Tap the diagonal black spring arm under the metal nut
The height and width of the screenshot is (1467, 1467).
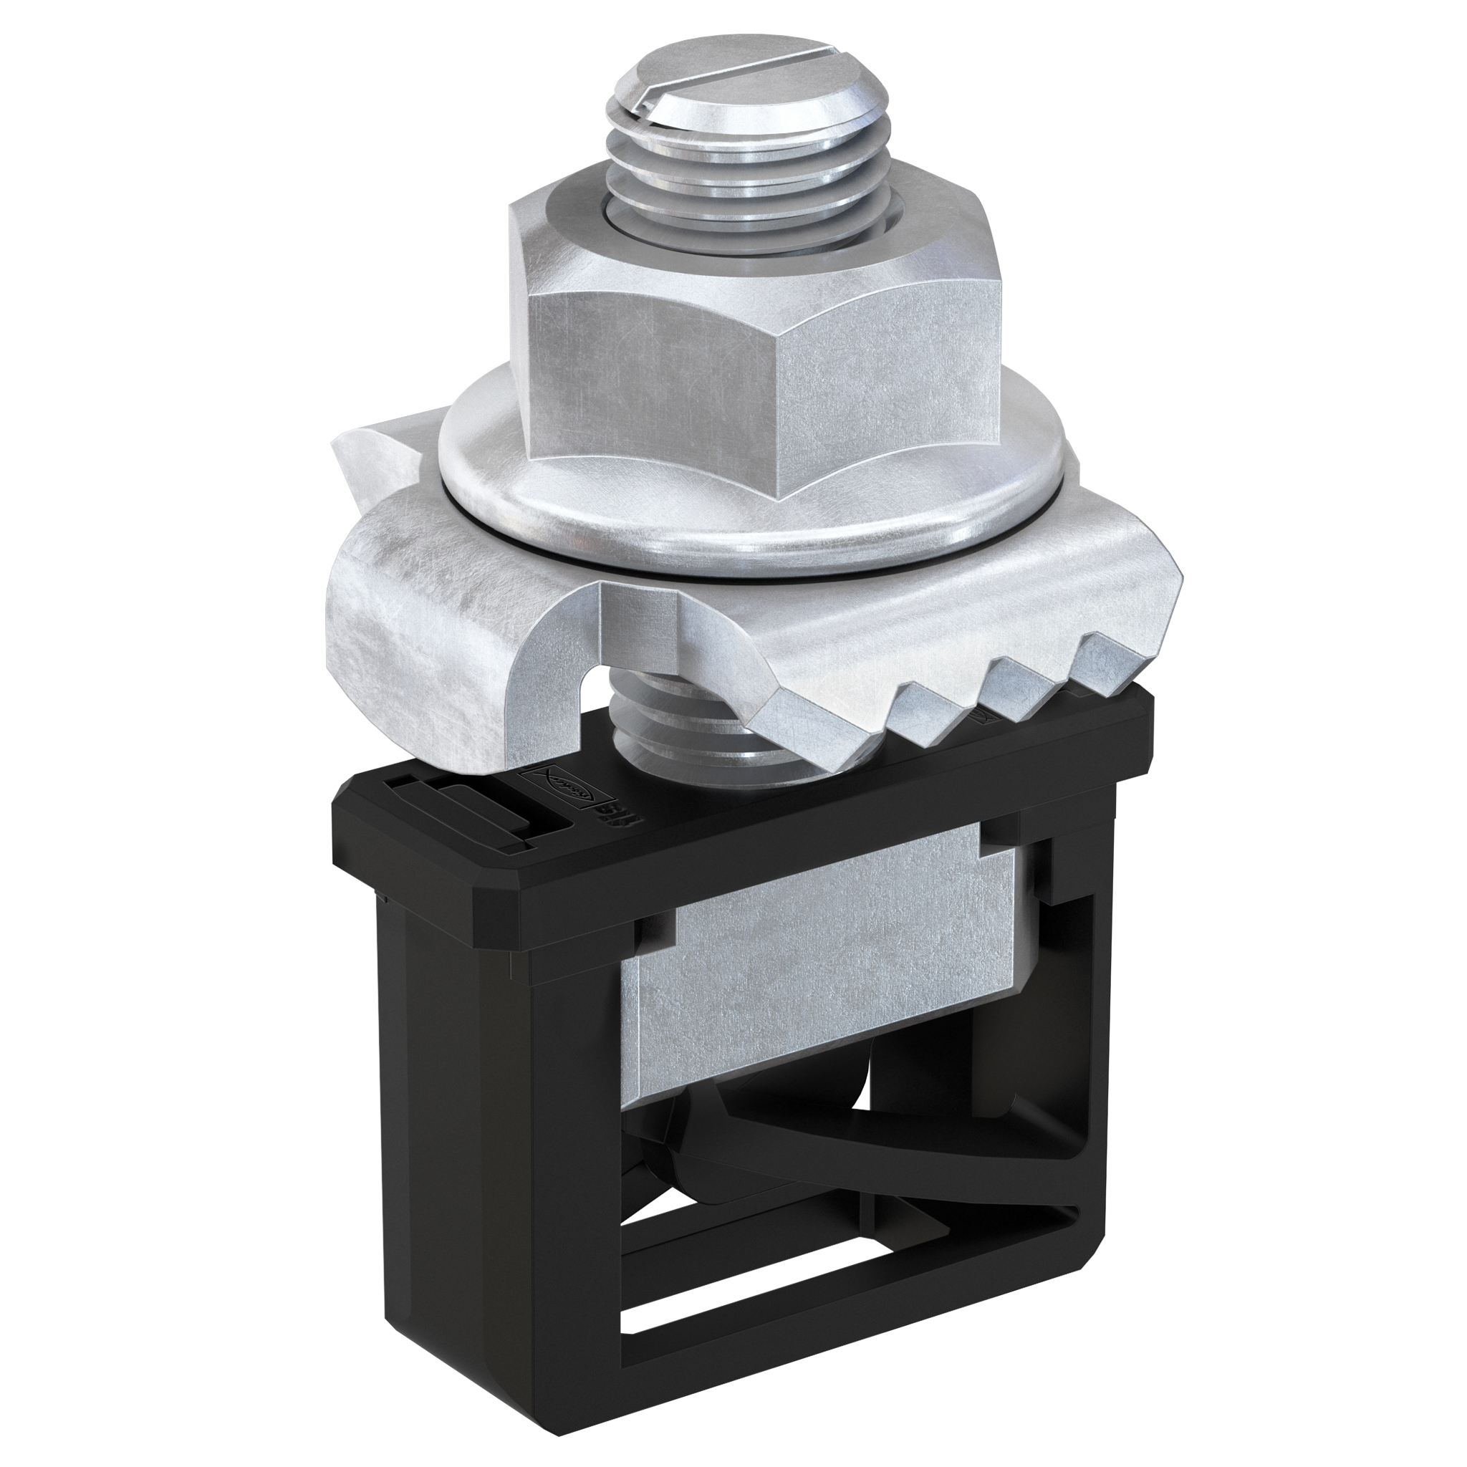point(896,1139)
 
